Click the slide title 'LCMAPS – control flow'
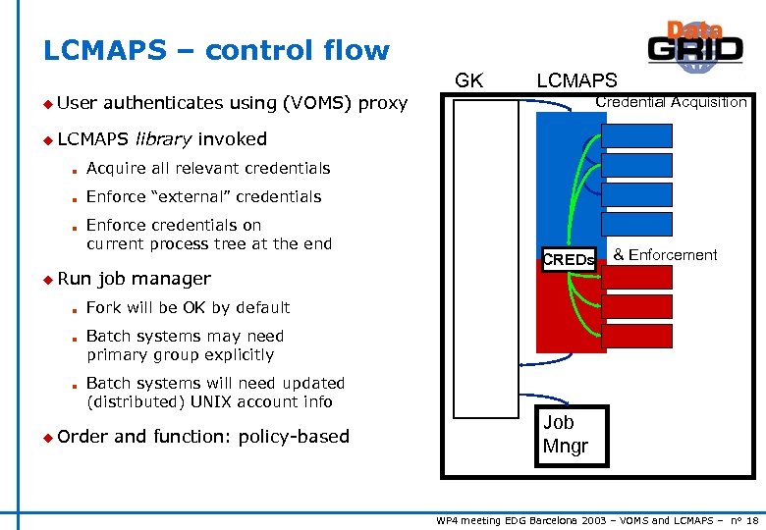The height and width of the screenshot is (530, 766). coord(216,51)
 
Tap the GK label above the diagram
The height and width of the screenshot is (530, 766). coord(468,80)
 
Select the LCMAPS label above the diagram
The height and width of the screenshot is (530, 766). coord(576,80)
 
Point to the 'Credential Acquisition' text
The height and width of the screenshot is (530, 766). coord(671,102)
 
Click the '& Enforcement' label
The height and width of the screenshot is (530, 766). coord(665,255)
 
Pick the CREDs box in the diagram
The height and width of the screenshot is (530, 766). coord(569,260)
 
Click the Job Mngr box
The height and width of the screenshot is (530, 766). coord(565,435)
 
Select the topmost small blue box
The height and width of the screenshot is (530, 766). coord(636,135)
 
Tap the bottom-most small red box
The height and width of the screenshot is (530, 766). coord(636,337)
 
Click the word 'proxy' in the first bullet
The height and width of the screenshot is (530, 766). coord(383,102)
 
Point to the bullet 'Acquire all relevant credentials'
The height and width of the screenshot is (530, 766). coord(208,169)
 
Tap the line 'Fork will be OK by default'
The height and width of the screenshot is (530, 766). coord(188,308)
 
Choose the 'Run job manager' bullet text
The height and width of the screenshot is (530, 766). coord(134,279)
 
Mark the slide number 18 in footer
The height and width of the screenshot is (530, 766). coord(751,520)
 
